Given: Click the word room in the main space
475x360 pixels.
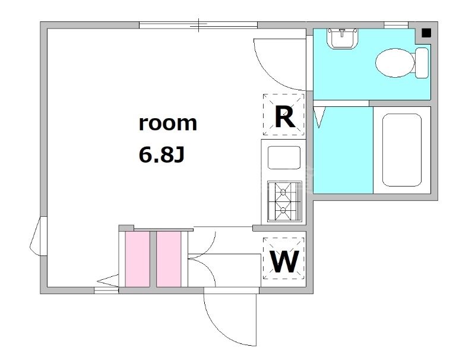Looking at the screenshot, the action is (168, 124).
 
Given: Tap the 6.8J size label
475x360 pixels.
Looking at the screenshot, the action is (161, 154).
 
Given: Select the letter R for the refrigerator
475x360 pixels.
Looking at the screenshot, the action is (285, 118).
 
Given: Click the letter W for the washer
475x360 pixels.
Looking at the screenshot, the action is (284, 262).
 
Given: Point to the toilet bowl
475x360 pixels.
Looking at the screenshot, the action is (395, 63).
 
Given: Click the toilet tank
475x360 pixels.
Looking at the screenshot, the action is (422, 63).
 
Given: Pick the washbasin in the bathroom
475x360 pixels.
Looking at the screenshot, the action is (343, 39).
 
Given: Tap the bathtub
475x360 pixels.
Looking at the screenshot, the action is (402, 150).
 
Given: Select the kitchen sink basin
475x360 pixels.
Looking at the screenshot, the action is (284, 157).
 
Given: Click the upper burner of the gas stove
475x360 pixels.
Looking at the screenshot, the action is (283, 191).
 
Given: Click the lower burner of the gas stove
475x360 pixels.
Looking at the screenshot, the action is (283, 210).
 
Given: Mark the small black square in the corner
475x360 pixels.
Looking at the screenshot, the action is (426, 33).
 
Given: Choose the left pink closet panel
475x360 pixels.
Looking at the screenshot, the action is (138, 259).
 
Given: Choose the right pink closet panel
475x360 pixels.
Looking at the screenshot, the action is (169, 259).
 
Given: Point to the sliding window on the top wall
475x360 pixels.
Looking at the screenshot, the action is (198, 25).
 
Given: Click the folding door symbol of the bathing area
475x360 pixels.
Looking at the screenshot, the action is (319, 116).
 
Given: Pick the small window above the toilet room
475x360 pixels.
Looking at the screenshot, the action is (396, 25).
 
